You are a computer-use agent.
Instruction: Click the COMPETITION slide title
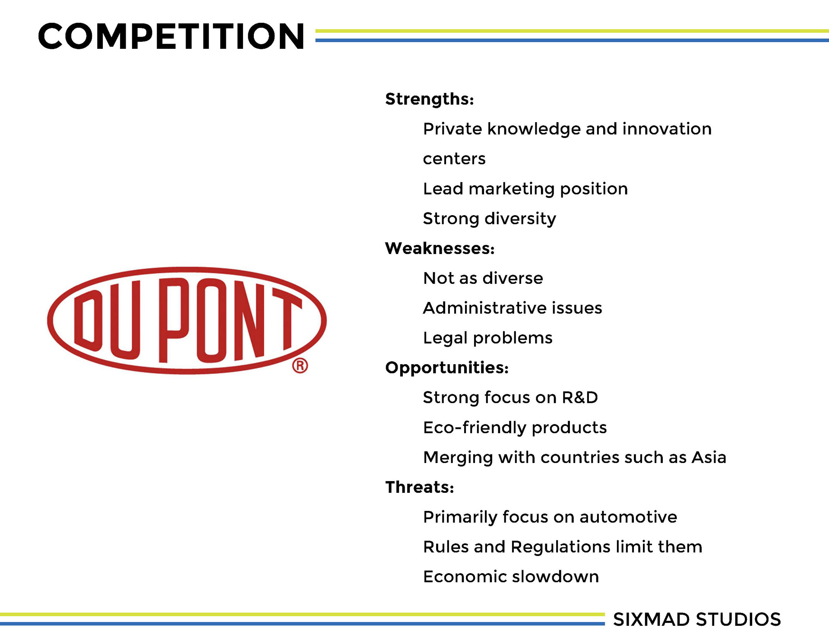click(x=171, y=36)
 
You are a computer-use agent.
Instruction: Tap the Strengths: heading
click(x=430, y=99)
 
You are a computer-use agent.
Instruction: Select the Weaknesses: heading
click(x=440, y=248)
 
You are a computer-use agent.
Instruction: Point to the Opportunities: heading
click(x=447, y=368)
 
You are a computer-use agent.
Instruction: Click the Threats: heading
click(x=420, y=487)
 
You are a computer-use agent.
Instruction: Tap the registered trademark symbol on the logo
click(x=300, y=365)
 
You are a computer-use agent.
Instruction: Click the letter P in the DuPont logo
click(x=174, y=320)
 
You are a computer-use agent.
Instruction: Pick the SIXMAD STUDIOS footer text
click(x=697, y=619)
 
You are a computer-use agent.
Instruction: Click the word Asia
click(x=709, y=457)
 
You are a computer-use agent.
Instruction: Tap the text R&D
click(x=580, y=397)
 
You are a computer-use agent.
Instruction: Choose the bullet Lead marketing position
click(x=525, y=189)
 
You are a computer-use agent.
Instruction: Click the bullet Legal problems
click(x=488, y=338)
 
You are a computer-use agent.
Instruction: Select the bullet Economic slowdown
click(x=511, y=577)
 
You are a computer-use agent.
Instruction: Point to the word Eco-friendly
click(x=475, y=428)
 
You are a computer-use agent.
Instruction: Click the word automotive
click(x=628, y=517)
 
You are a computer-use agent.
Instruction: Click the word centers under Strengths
click(x=454, y=159)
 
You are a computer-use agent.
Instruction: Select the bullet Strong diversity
click(x=490, y=219)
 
